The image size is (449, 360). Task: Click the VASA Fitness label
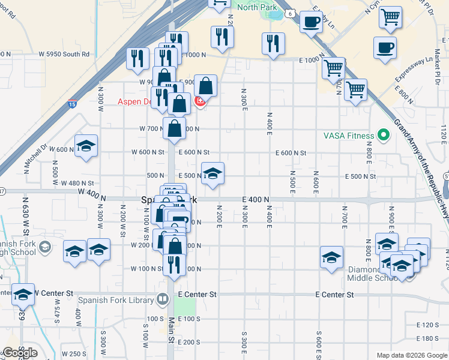point(348,136)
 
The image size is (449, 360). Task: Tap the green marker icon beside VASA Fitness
point(382,136)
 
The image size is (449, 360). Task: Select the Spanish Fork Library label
point(118,299)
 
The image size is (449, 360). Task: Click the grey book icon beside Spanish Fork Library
point(163,299)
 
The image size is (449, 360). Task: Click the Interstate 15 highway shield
point(72,103)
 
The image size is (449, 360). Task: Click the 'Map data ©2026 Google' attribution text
point(411,355)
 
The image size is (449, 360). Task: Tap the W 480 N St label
point(77,183)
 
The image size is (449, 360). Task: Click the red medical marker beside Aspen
point(200,102)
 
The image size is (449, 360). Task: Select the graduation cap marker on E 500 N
point(212,174)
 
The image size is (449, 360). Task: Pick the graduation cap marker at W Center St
point(23,295)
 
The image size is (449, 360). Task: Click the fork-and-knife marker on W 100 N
point(174,265)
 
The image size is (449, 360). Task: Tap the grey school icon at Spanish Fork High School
point(44,247)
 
